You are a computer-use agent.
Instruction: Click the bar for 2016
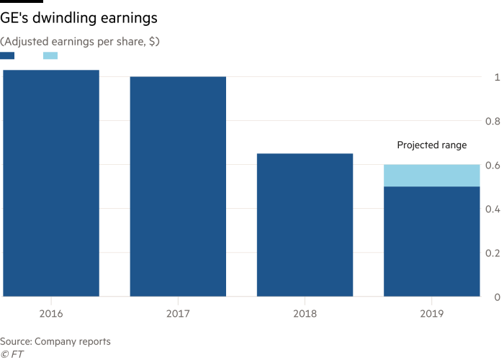(x=50, y=183)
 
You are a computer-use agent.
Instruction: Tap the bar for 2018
(x=305, y=225)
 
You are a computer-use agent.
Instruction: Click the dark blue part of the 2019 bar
(x=431, y=241)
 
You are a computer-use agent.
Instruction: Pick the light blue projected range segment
(x=431, y=176)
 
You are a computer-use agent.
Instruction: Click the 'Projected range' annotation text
(x=431, y=145)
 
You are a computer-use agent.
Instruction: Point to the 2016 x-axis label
(x=50, y=315)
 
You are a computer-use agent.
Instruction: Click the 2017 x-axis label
(x=178, y=315)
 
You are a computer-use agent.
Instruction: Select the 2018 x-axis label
(x=305, y=315)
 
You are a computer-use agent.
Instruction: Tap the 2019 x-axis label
(x=431, y=315)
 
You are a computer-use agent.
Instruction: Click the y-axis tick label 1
(x=496, y=77)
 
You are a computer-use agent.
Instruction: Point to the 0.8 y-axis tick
(x=494, y=121)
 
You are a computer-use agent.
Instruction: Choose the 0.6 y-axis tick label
(x=494, y=165)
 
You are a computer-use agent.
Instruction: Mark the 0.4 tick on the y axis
(x=494, y=209)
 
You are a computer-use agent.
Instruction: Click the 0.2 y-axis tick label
(x=494, y=253)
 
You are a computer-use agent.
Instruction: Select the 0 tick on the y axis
(x=496, y=297)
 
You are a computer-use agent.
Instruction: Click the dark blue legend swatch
(x=7, y=56)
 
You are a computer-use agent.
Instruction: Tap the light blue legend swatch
(x=50, y=56)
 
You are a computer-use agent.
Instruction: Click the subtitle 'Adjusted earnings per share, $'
(x=80, y=42)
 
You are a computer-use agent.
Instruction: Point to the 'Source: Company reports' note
(x=55, y=341)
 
